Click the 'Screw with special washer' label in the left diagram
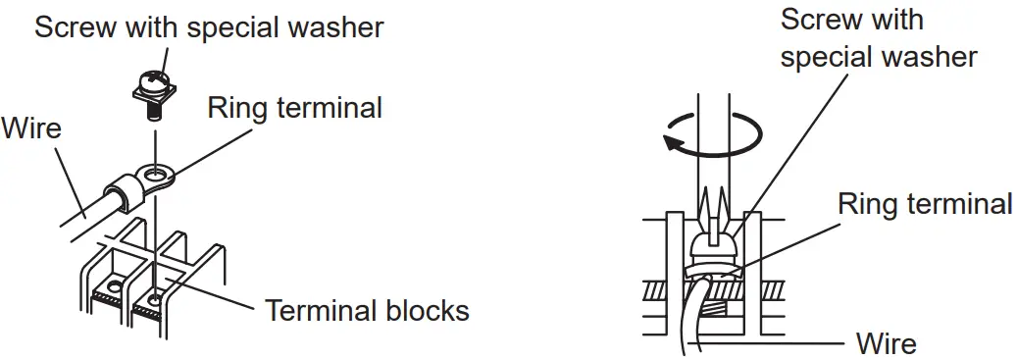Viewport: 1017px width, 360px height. (x=208, y=26)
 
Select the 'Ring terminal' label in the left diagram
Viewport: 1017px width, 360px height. (x=294, y=107)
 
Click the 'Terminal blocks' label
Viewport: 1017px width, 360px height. (x=368, y=311)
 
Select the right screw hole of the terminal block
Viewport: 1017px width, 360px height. (x=156, y=294)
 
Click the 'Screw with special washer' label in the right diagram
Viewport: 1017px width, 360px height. (x=878, y=38)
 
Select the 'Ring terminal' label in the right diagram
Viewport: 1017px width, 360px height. (x=925, y=204)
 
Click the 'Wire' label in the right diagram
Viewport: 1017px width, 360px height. (x=886, y=343)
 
